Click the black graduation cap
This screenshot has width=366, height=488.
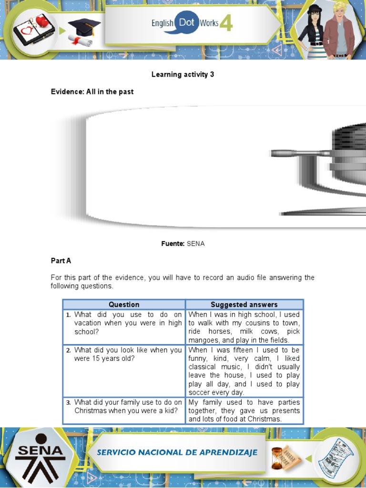click(83, 27)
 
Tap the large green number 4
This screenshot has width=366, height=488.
click(226, 23)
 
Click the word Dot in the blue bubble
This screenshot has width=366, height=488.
click(186, 22)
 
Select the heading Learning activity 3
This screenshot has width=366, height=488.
click(183, 74)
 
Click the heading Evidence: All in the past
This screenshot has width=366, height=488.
click(92, 92)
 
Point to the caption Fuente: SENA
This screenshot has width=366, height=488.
click(183, 244)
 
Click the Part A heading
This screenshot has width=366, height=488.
click(61, 261)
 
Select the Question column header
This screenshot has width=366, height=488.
click(124, 305)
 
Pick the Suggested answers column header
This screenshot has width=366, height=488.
click(244, 305)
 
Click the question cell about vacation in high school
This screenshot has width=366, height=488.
click(124, 327)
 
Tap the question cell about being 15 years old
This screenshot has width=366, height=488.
click(124, 371)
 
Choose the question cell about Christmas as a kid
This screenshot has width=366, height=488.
click(124, 410)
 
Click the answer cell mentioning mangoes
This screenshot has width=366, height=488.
click(244, 327)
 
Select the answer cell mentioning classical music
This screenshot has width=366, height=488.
click(244, 371)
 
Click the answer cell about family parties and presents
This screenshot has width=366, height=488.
click(244, 410)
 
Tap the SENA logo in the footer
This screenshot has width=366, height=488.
click(41, 457)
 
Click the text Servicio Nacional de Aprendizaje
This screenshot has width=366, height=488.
click(177, 452)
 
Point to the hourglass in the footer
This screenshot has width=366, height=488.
click(277, 458)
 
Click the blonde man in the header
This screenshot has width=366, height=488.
click(339, 31)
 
